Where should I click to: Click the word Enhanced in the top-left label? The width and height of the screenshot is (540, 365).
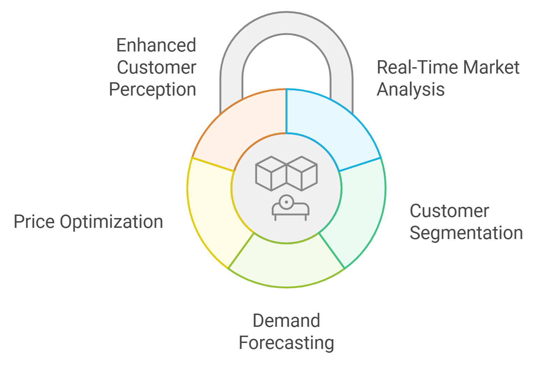(156, 45)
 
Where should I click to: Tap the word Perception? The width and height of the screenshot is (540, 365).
(152, 90)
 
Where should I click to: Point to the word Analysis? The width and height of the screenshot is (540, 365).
(410, 90)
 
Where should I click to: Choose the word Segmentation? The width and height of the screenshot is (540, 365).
(466, 233)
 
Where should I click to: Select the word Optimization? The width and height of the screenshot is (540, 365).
(111, 222)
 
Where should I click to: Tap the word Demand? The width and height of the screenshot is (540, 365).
(286, 321)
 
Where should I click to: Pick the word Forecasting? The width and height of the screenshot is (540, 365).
(286, 343)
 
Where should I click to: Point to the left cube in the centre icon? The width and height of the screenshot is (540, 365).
(271, 174)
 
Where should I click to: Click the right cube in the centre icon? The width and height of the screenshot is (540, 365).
(302, 174)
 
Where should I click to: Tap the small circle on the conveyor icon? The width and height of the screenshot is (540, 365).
(286, 202)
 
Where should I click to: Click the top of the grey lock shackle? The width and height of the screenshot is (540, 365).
(286, 23)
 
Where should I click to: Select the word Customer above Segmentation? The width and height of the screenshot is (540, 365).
(449, 211)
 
